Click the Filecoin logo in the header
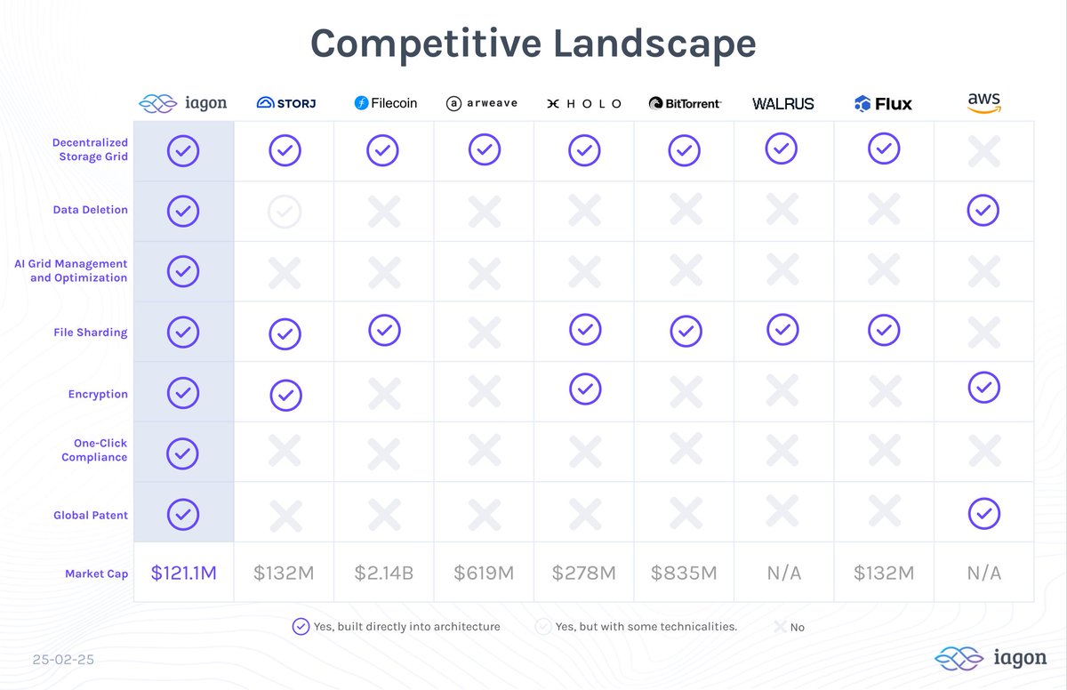(x=385, y=103)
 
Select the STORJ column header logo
(x=285, y=103)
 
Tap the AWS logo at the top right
(x=984, y=102)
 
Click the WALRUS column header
(x=782, y=104)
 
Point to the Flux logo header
(x=883, y=104)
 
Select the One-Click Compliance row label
(x=93, y=450)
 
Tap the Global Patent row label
(x=91, y=515)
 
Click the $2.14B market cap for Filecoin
(x=384, y=573)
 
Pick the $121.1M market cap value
(x=183, y=573)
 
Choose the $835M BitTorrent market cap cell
(x=684, y=573)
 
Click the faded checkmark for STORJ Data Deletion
(x=285, y=212)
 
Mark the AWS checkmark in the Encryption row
(x=983, y=388)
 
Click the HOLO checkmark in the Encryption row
(x=584, y=389)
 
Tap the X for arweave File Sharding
(x=485, y=332)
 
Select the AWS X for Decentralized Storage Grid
(x=983, y=152)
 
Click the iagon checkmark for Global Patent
(x=183, y=514)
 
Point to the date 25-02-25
(x=63, y=661)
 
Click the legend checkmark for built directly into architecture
(x=301, y=627)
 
